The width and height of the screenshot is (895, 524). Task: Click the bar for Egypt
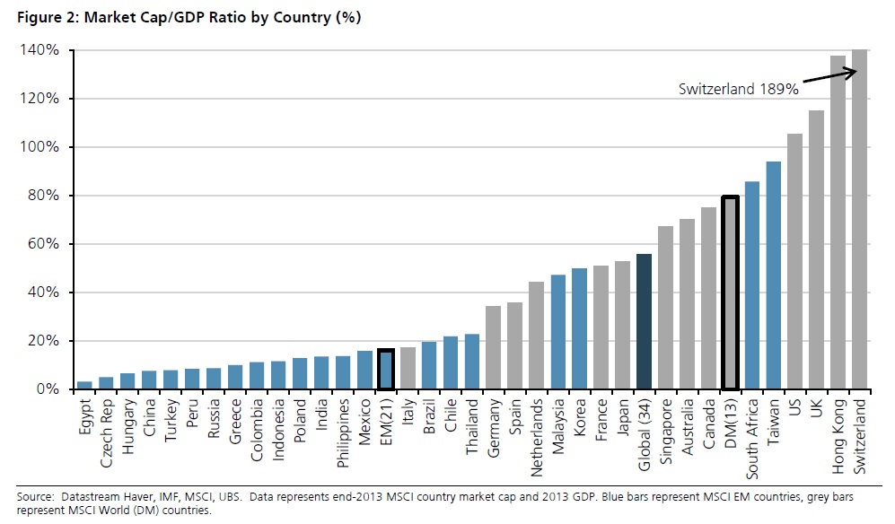[x=84, y=385]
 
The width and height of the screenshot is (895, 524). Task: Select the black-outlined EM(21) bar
[x=385, y=370]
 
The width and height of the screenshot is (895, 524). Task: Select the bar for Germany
[x=493, y=347]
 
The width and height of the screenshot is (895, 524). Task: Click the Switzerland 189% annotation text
[x=738, y=90]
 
